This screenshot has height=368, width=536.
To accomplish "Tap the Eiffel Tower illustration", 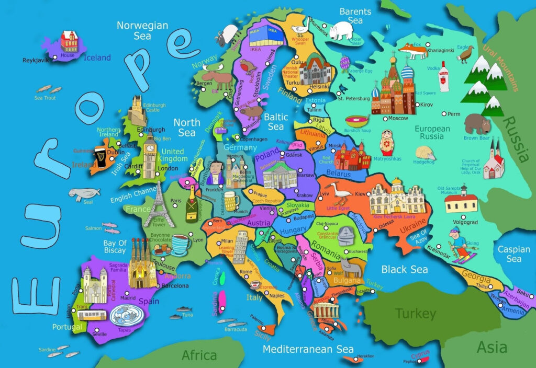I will (x=155, y=206).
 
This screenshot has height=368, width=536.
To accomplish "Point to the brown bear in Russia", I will (x=477, y=124).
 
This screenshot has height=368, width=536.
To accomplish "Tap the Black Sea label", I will (x=404, y=270).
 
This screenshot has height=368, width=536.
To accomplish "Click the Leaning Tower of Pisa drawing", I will (x=240, y=247).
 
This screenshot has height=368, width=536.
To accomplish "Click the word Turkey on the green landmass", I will (x=415, y=314).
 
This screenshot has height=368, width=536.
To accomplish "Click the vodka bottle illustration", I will (x=443, y=76).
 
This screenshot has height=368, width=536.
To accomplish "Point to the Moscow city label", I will (x=398, y=118).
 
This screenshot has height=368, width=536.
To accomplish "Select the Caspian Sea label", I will (x=513, y=254).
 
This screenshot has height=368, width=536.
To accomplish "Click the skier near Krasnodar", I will (x=459, y=245).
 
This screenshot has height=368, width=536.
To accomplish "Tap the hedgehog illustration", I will (x=425, y=153).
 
